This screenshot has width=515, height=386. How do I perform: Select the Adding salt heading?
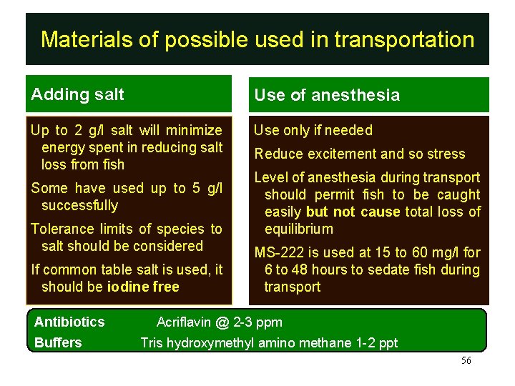point(77,94)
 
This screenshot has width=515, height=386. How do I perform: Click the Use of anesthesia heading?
point(327,95)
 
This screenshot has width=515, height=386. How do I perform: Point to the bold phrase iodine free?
point(143,287)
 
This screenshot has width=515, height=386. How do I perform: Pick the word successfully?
point(80,205)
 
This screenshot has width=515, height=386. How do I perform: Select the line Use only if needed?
point(313,130)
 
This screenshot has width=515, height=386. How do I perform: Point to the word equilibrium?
point(298,229)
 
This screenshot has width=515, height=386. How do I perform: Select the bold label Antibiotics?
point(69,322)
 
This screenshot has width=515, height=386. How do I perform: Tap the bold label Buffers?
point(58,342)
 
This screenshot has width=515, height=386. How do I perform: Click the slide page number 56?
point(466,361)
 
